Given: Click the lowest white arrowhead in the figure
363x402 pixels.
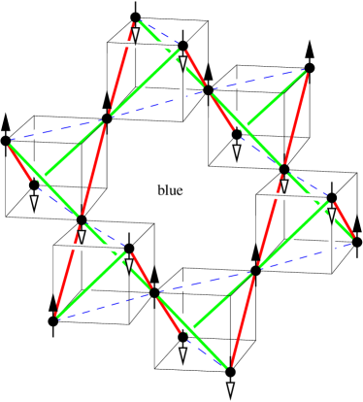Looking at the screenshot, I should (230, 388).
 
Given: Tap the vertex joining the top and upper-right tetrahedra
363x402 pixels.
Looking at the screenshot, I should (209, 90).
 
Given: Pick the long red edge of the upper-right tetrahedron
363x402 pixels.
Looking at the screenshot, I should (295, 117).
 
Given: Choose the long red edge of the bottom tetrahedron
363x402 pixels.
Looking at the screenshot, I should (241, 320).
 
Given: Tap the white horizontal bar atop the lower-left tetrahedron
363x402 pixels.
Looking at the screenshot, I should (89, 246).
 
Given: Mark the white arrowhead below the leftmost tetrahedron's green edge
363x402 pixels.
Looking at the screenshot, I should (34, 201).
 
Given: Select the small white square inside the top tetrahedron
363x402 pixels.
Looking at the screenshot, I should (141, 86).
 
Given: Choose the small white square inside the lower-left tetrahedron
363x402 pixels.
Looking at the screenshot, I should (87, 289).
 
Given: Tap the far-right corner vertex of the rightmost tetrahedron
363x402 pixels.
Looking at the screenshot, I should (354, 236).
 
